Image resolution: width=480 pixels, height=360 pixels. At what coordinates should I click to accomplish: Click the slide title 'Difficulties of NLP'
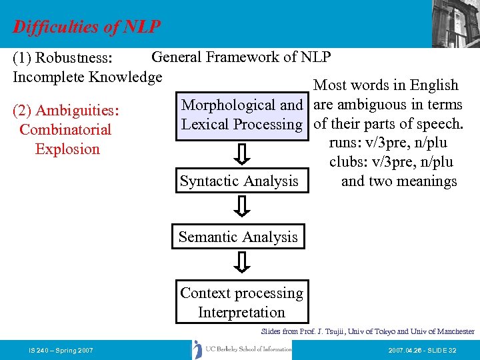pos(87,27)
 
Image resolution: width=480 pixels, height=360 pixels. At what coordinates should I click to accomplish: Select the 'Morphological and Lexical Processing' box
pos(242,115)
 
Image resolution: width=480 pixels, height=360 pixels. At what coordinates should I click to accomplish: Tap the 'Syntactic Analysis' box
pos(239,181)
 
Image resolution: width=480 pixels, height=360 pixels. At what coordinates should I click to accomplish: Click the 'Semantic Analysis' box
pos(238,237)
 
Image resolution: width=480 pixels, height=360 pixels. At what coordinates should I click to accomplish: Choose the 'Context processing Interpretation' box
pos(241,303)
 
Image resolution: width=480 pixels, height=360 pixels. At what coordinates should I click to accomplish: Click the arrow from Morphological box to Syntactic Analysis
pos(243,153)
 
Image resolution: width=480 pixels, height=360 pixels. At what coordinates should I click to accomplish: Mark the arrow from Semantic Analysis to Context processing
pos(243,263)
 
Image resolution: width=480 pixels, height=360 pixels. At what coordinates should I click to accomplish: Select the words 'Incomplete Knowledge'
pos(87,77)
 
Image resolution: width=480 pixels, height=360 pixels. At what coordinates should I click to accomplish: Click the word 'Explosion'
pos(67,149)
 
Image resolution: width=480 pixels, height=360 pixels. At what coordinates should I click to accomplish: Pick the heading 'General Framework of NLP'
pos(241,57)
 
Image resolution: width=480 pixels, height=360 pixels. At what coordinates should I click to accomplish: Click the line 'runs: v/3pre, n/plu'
pos(387,143)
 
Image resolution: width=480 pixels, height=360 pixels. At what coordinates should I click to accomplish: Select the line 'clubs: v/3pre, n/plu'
pos(391,162)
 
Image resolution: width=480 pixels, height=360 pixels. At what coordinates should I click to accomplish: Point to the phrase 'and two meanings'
pos(399,181)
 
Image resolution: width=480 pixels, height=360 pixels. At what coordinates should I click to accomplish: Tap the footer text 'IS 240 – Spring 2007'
pos(61,350)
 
